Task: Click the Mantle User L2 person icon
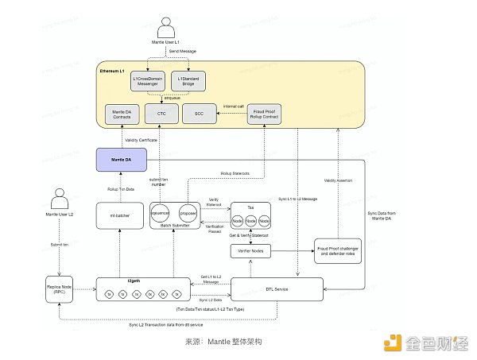coord(58,198)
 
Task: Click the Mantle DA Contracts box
coord(122,114)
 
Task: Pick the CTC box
coord(161,114)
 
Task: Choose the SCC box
coord(200,114)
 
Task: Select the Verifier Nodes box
coord(251,252)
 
